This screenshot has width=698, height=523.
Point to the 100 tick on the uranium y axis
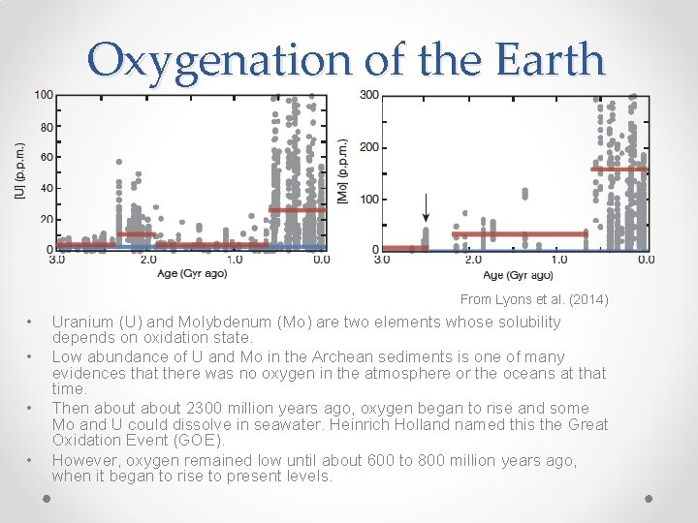(44, 95)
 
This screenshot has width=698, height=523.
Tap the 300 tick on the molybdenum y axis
(369, 95)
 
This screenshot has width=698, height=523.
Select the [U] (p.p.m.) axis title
(19, 172)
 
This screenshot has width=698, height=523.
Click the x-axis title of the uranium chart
(193, 273)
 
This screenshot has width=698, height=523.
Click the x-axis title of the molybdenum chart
(517, 273)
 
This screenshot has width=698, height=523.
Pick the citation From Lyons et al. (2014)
(534, 300)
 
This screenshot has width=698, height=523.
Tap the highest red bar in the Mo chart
(619, 169)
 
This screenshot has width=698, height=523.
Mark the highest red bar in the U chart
(298, 210)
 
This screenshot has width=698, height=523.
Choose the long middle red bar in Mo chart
(520, 233)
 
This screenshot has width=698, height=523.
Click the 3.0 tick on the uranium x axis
(57, 260)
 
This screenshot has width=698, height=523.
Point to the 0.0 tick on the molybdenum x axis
(645, 260)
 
